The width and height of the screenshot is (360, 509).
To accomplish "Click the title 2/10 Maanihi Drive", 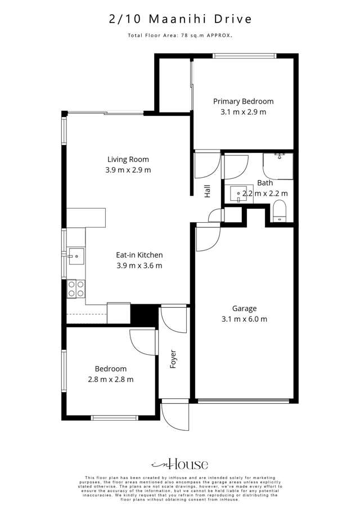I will pos(180,19).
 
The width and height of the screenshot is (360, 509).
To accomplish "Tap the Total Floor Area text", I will pos(180,35).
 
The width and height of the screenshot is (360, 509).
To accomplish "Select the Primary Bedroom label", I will pos(243,102).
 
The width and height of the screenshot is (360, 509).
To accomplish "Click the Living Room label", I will pos(128,159).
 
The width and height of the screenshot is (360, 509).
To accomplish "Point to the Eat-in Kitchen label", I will pos(139,255).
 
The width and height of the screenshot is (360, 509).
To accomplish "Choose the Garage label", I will pos(244,308).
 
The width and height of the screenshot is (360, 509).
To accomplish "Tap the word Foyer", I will pos(173,359).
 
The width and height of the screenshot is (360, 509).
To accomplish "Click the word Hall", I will pos(208,192).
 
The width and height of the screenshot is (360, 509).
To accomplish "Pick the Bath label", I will pos(265,183).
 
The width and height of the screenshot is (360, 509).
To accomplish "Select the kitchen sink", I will pos(75,258).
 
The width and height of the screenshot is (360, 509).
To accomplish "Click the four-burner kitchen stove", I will pos(76,289).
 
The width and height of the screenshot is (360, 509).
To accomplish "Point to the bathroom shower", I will pos(278,165).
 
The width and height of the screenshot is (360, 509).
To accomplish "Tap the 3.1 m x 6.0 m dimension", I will pos(244,319).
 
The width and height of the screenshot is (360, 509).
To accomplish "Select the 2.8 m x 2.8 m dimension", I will pos(111,379).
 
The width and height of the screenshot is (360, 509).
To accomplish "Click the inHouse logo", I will pos(180,464).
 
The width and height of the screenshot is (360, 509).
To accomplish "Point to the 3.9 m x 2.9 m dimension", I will pos(128,170).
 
